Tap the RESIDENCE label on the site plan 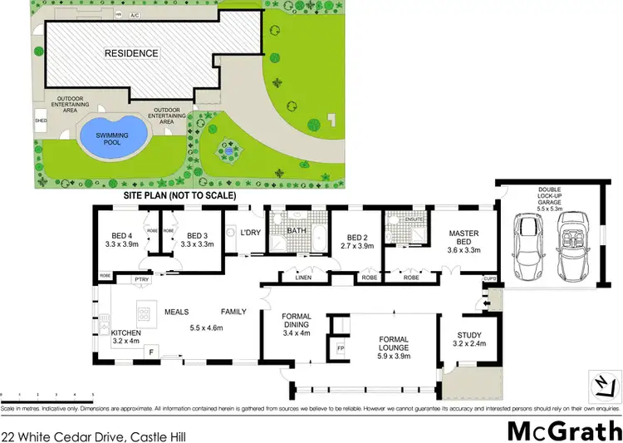[131, 53]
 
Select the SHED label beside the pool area [39, 118]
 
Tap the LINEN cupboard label [302, 278]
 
